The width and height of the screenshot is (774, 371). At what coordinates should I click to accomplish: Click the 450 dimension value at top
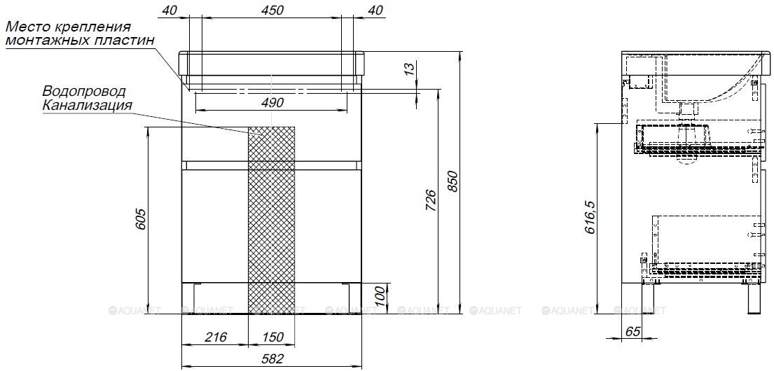[272, 10]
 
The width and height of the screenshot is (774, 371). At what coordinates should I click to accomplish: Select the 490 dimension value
[272, 103]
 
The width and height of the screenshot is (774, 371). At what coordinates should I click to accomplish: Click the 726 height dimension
[430, 199]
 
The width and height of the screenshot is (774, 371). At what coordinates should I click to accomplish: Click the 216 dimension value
[216, 337]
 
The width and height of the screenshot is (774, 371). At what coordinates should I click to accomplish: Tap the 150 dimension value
[272, 337]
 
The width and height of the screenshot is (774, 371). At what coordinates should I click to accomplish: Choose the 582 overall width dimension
[272, 358]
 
